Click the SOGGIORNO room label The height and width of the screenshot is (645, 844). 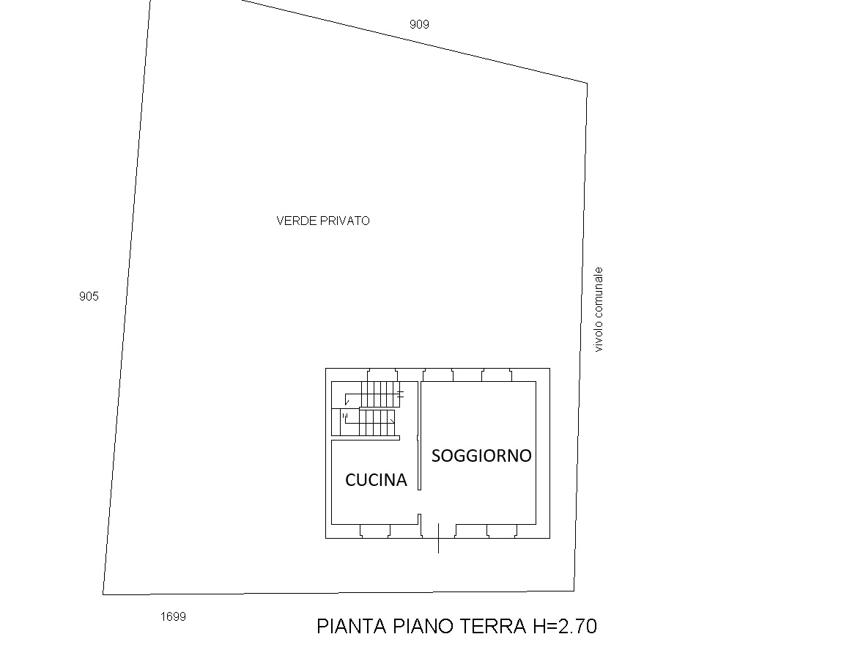pos(481,455)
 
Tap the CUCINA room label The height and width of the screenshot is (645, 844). pos(376,479)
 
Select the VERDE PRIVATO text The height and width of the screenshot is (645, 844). pos(323,221)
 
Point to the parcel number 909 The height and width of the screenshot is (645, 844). pos(419,24)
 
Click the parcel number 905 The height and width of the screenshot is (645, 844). pos(89,296)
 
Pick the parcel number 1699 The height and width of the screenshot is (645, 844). pos(174,616)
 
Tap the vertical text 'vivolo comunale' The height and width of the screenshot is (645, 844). pos(599,309)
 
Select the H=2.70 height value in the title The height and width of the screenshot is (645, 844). pos(565,626)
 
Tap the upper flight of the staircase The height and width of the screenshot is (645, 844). pos(380,394)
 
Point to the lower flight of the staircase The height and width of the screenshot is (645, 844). pos(377,423)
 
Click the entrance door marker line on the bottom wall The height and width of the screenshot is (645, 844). pos(439,538)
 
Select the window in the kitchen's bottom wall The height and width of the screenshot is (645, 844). pos(375,531)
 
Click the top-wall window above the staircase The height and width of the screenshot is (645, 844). pos(382,375)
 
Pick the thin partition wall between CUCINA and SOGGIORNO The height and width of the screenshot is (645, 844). pos(419,435)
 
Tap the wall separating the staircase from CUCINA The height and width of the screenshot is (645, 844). pos(366,439)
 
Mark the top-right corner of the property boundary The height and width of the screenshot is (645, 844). pos(587,84)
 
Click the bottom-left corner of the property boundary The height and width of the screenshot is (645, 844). pos(103,594)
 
